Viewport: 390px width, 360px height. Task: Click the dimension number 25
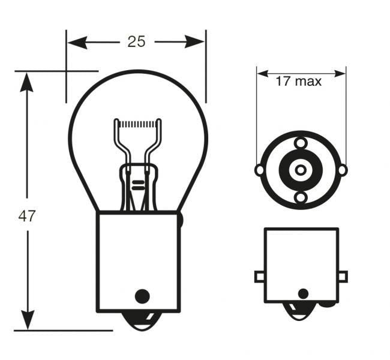tap(136, 41)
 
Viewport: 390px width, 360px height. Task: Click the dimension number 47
tap(27, 217)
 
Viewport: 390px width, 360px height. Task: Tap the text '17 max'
tap(298, 81)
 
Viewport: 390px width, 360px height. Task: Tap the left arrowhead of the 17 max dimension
tap(263, 74)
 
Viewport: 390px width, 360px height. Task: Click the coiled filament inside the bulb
tap(138, 124)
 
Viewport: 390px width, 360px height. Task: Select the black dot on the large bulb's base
tap(142, 296)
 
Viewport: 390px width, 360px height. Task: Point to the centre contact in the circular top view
tap(300, 170)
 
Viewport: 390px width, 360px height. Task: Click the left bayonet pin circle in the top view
tap(259, 170)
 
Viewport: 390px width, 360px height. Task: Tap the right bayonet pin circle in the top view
tap(342, 170)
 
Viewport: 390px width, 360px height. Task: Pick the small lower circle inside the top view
tap(301, 197)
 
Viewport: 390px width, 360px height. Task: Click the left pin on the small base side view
tap(259, 276)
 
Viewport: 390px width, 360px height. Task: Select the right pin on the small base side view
tap(342, 276)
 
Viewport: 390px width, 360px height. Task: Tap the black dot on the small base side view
tap(303, 293)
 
